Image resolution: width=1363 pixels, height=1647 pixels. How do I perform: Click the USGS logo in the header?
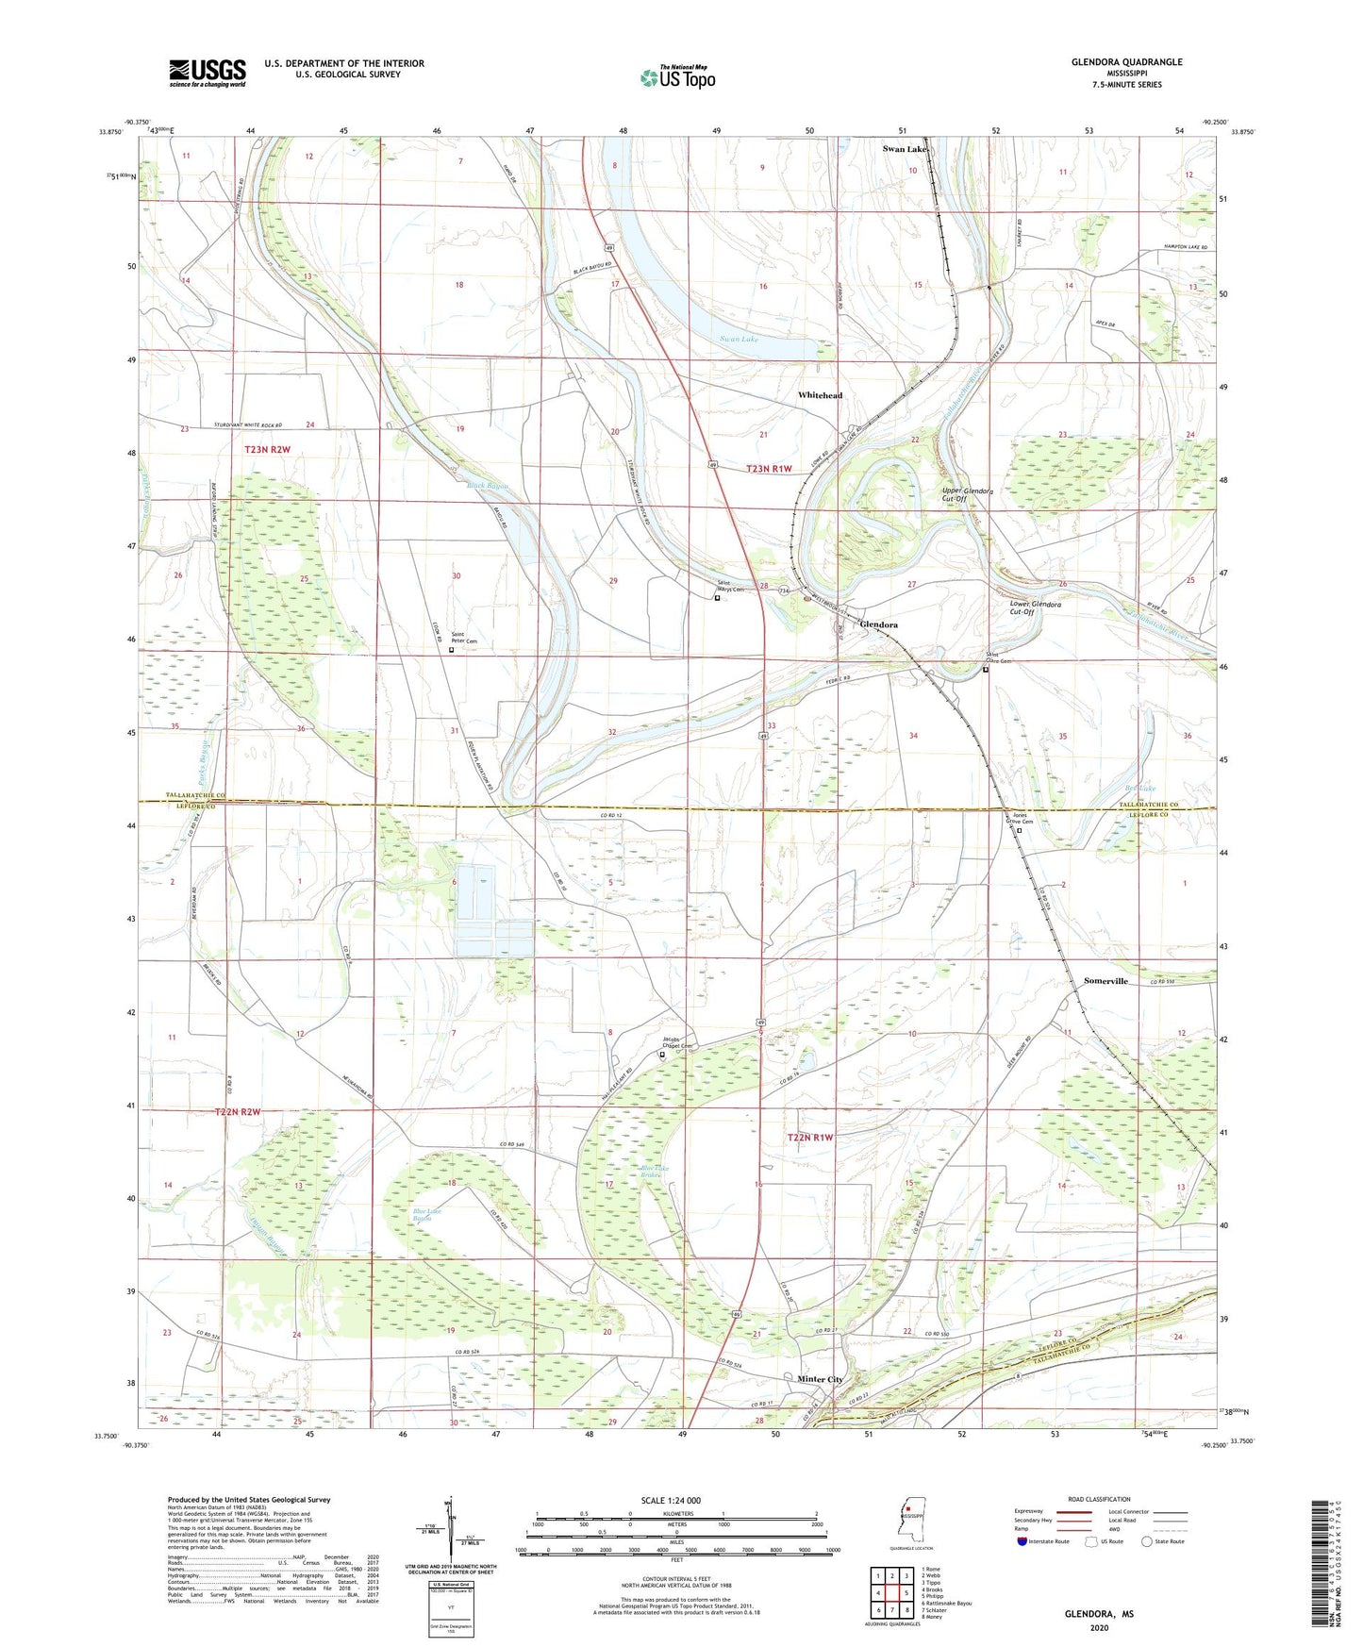click(x=208, y=73)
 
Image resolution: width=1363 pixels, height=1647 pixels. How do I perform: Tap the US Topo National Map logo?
click(x=677, y=77)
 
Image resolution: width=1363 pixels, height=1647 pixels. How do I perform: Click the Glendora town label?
click(x=878, y=624)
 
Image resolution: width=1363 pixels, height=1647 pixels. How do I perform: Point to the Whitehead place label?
click(x=820, y=395)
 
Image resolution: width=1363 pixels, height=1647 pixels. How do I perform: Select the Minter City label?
click(x=820, y=1378)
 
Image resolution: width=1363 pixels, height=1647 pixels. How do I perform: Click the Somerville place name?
click(x=1105, y=981)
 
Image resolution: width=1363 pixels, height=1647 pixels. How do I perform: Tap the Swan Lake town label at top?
click(x=905, y=149)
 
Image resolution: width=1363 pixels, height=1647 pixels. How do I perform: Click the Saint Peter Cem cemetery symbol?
click(x=451, y=650)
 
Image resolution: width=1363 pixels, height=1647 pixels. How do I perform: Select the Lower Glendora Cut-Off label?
click(x=1035, y=607)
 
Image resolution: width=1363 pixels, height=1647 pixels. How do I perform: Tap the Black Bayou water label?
click(x=488, y=486)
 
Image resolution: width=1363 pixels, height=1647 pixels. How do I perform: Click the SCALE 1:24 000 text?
click(x=671, y=1500)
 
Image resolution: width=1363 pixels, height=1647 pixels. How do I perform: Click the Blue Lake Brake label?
click(x=655, y=1172)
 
